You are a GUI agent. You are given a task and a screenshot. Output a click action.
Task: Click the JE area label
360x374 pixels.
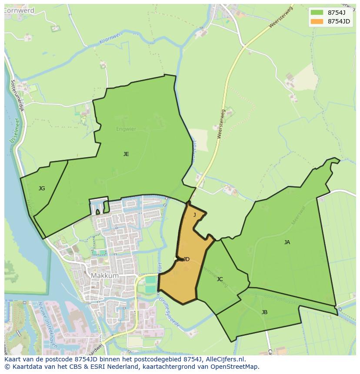click(x=126, y=154)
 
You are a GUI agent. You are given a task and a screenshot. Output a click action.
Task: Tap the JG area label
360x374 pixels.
click(x=42, y=189)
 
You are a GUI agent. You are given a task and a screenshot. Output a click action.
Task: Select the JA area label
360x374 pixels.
click(x=287, y=242)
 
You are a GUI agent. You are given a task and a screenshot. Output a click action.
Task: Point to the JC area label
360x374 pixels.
click(x=220, y=279)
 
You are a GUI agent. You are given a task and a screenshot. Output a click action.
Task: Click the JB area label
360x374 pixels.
click(x=264, y=312)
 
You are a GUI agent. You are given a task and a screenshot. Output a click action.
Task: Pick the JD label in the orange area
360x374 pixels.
click(x=186, y=259)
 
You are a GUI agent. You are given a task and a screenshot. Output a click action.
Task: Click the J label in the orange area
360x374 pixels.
click(x=194, y=215)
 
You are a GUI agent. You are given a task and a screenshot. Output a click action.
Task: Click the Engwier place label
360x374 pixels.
click(x=126, y=129)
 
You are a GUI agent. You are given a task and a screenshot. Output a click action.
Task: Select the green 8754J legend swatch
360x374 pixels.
click(x=317, y=12)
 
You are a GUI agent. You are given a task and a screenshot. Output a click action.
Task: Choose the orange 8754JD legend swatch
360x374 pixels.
click(x=317, y=21)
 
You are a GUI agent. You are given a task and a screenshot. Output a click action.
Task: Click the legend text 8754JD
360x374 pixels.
click(x=339, y=21)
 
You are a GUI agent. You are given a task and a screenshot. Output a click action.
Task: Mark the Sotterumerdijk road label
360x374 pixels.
click(x=20, y=96)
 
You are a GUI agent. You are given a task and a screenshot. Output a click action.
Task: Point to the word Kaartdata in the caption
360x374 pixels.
click(x=25, y=367)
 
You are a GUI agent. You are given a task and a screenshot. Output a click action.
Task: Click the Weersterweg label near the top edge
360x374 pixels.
click(x=281, y=17)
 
